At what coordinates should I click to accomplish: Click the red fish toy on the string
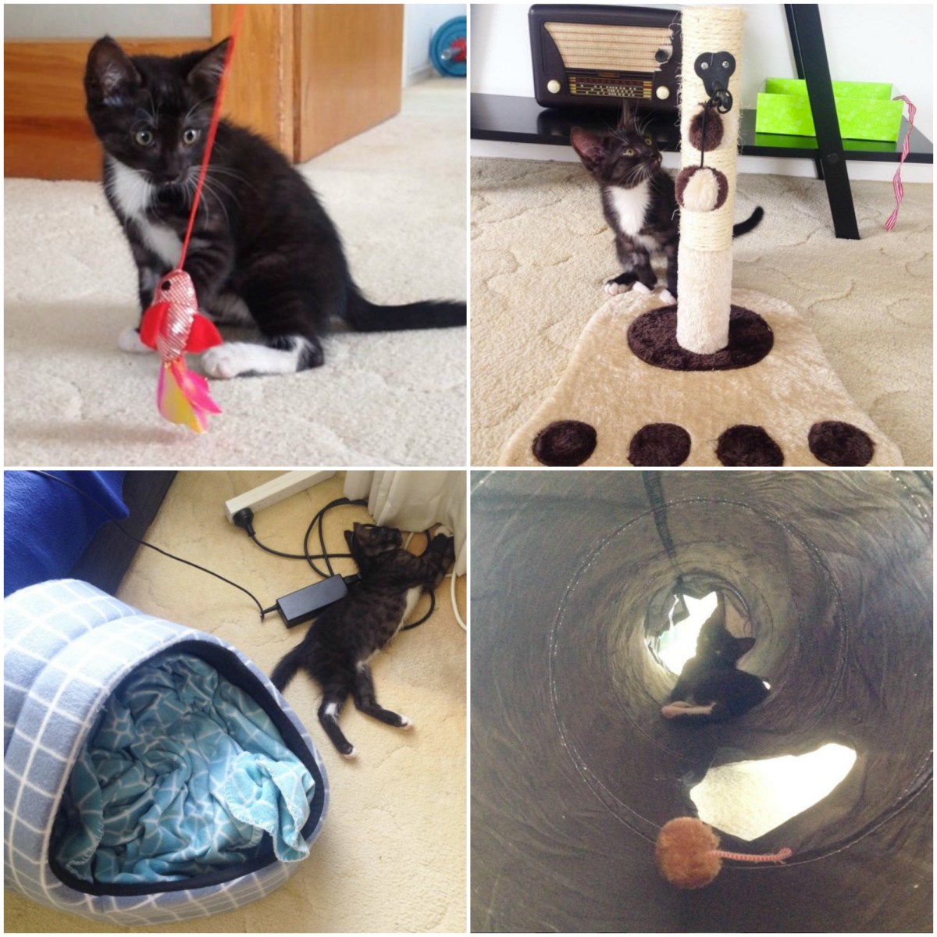178,316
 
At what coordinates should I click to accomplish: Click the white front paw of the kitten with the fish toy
234,361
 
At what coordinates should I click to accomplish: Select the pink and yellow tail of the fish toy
187,398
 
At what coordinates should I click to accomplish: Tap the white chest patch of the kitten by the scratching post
629,211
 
